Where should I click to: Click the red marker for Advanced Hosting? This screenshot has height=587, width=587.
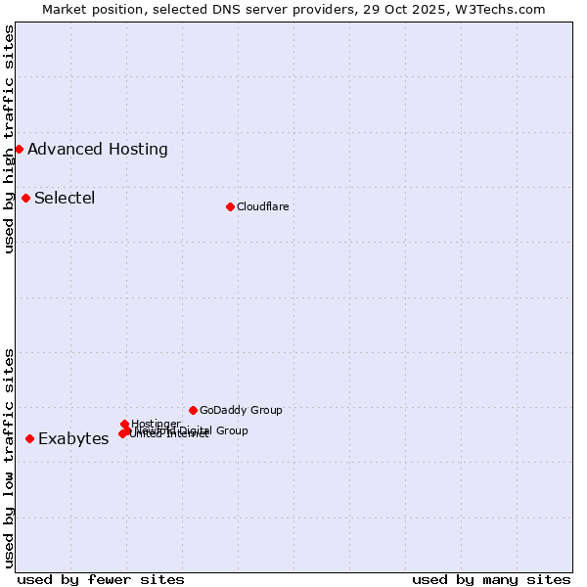(19, 149)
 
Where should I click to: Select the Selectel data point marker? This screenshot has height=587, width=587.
(25, 198)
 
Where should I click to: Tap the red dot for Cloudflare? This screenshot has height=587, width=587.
(230, 206)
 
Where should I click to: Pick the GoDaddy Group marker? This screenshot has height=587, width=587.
(193, 410)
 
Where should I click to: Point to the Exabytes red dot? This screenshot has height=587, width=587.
(29, 438)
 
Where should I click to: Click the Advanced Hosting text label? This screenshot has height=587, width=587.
(98, 149)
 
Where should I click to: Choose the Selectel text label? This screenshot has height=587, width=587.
(65, 198)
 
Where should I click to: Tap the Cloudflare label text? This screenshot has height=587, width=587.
(262, 206)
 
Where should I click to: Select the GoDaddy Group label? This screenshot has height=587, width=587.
(241, 410)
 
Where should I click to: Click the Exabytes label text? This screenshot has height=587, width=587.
(73, 438)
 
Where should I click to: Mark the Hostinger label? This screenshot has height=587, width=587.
(156, 424)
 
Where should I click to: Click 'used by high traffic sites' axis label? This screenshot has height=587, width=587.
(10, 139)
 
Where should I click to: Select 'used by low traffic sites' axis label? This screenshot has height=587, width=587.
(10, 458)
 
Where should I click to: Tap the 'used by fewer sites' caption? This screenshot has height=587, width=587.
(101, 579)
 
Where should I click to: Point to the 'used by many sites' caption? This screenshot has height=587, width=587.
(491, 579)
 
